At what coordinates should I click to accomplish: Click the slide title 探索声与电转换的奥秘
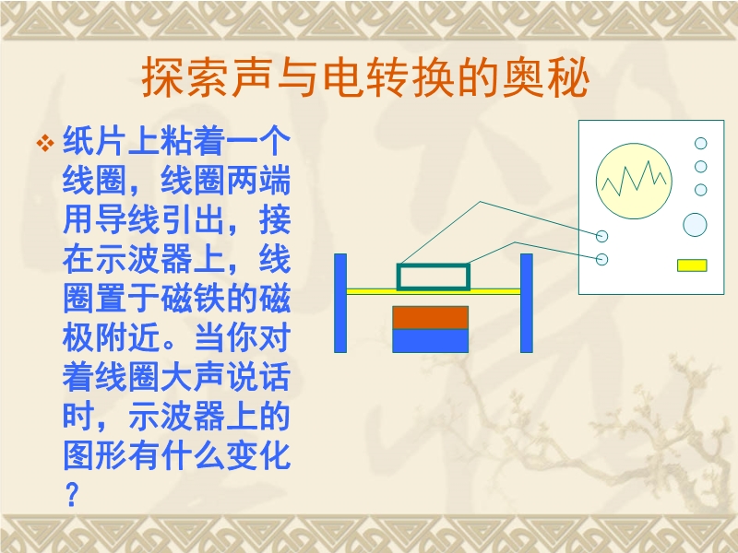[x=365, y=77]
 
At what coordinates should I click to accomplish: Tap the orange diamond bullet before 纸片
[x=45, y=143]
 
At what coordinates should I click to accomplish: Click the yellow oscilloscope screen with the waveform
[x=634, y=181]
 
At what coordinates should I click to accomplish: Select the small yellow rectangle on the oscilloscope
[x=692, y=265]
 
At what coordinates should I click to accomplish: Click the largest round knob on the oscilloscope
[x=695, y=224]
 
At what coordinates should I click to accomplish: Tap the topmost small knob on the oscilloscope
[x=701, y=143]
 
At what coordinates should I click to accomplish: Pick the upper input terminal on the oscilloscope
[x=602, y=236]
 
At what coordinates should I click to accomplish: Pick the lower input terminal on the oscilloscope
[x=602, y=259]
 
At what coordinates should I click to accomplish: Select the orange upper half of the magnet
[x=430, y=317]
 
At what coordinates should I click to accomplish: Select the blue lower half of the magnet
[x=430, y=341]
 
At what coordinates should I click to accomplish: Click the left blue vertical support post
[x=340, y=303]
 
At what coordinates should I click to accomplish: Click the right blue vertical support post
[x=527, y=303]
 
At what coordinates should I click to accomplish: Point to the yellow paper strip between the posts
[x=434, y=292]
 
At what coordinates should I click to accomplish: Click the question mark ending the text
[x=72, y=494]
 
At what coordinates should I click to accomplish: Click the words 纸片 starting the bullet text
[x=95, y=141]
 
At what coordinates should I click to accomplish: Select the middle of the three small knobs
[x=701, y=167]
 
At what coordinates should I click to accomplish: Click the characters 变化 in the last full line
[x=258, y=455]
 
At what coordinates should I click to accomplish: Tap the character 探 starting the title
[x=163, y=77]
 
